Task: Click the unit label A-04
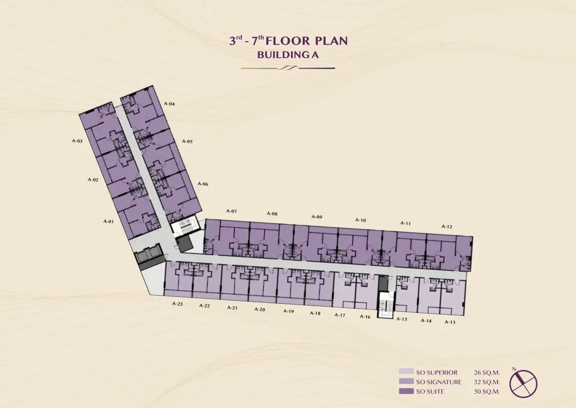tap(169, 104)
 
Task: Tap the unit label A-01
tap(108, 222)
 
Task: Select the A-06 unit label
tap(203, 184)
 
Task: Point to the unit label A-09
tap(317, 217)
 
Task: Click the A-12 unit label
tap(447, 226)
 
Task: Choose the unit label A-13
tap(450, 322)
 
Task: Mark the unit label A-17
tap(340, 315)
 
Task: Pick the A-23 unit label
tap(178, 304)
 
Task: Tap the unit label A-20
tap(260, 309)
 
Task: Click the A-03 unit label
tap(77, 141)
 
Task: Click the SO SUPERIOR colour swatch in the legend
tap(406, 371)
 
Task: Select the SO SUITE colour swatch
tap(406, 391)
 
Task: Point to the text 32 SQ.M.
tap(487, 382)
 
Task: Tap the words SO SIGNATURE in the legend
tap(439, 382)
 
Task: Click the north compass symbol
tap(523, 383)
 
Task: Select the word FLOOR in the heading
tap(288, 41)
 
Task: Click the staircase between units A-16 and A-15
tap(385, 305)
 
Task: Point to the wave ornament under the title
tap(288, 68)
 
